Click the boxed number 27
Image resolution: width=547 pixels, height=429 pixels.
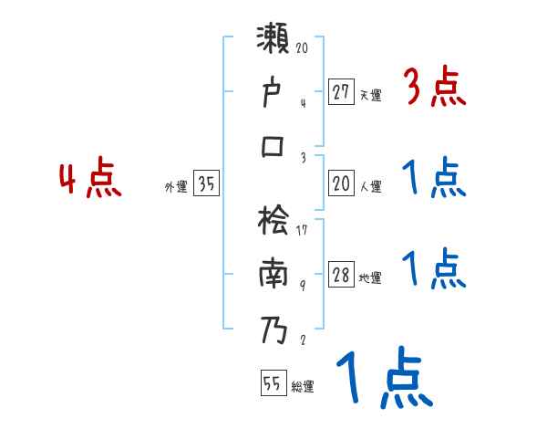[x=341, y=91]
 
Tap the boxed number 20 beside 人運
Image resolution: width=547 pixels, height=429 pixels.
[x=341, y=184]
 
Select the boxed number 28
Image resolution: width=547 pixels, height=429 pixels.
[x=341, y=276]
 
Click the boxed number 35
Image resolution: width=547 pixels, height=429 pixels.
[x=206, y=184]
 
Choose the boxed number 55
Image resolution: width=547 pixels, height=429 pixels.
[x=272, y=384]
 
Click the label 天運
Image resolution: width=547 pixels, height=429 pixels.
[x=370, y=94]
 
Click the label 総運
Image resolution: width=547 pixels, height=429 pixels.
[x=303, y=387]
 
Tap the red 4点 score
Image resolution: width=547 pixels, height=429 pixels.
[x=90, y=180]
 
